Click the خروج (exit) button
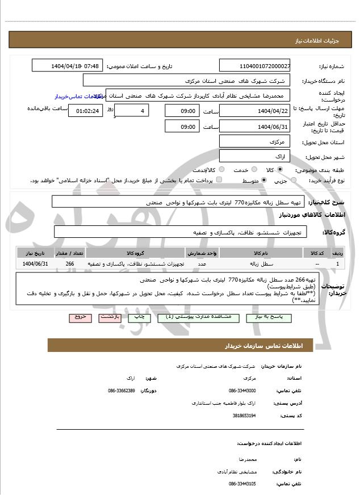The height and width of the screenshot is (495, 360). pyautogui.click(x=79, y=317)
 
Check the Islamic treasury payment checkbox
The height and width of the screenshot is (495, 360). pyautogui.click(x=219, y=180)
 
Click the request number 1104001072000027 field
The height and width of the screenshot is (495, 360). pyautogui.click(x=254, y=66)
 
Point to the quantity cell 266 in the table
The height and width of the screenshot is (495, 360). pyautogui.click(x=70, y=264)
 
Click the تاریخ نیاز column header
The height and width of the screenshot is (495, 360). pyautogui.click(x=35, y=253)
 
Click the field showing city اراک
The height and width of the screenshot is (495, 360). pyautogui.click(x=254, y=156)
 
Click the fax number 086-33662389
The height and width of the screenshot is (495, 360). pyautogui.click(x=121, y=391)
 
